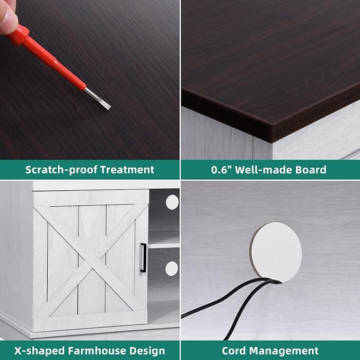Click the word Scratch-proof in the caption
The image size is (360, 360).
click(62, 170)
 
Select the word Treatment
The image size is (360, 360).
click(127, 170)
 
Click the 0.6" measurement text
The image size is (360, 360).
click(222, 170)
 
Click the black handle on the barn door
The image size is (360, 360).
click(143, 258)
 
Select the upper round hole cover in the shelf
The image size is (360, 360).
click(172, 202)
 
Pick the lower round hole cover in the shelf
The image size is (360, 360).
click(171, 269)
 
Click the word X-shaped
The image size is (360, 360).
click(40, 351)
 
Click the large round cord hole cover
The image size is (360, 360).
click(276, 252)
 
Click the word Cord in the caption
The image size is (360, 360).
click(234, 351)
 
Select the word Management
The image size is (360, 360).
click(284, 351)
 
